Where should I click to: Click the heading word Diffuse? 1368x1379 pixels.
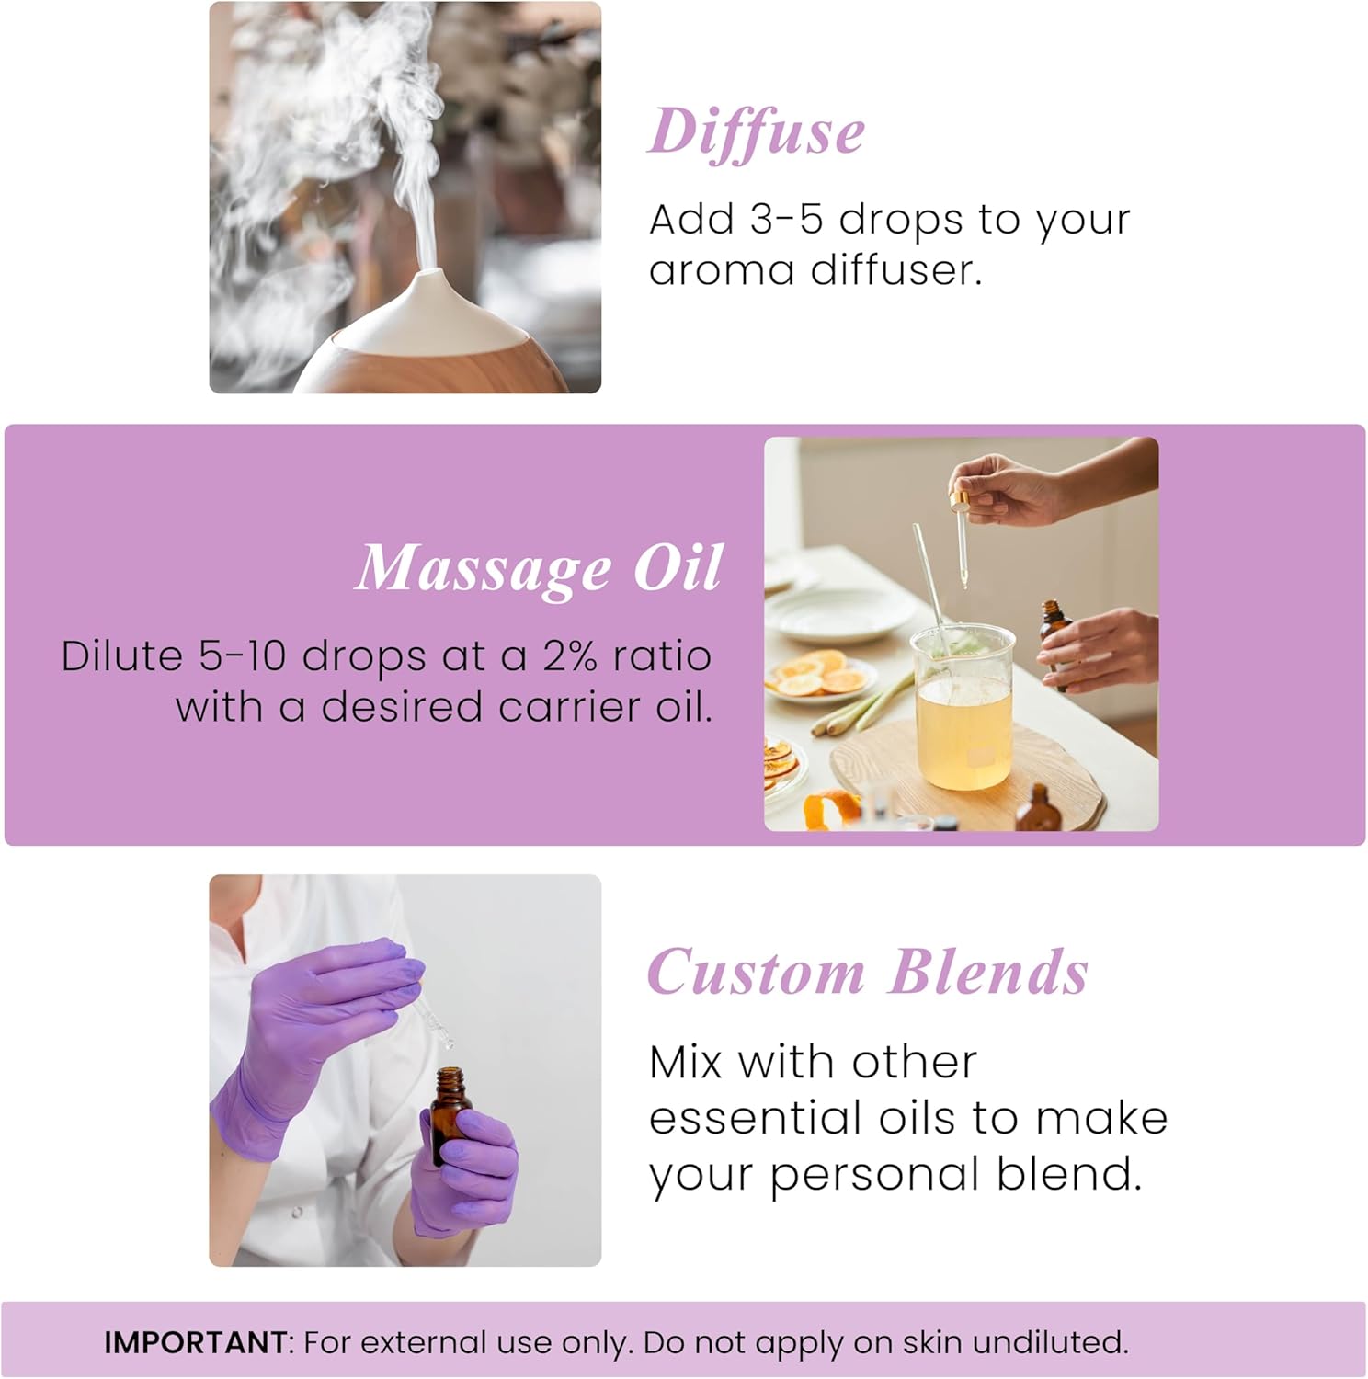(756, 131)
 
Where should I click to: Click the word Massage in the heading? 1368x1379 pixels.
(484, 568)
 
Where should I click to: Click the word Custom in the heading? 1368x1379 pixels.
(756, 972)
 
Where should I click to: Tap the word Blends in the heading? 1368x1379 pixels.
(989, 972)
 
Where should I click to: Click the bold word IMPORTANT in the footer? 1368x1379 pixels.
(196, 1342)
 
